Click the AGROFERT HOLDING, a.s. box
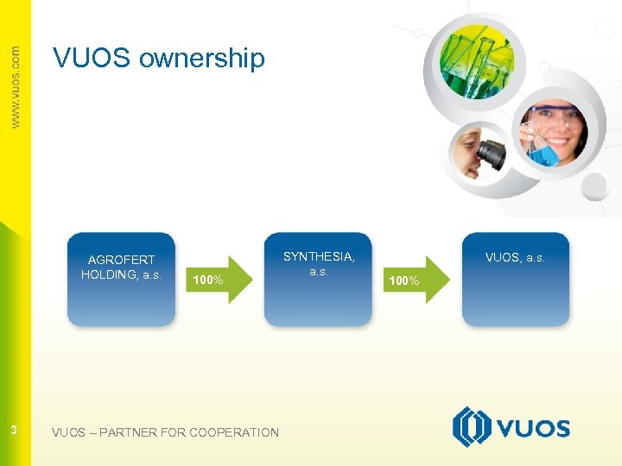tap(121, 280)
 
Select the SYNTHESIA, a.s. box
tap(318, 280)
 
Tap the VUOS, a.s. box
tap(516, 280)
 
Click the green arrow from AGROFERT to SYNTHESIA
tap(220, 279)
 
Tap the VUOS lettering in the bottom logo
tap(533, 428)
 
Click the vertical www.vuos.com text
tap(15, 86)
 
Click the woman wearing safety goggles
tap(553, 129)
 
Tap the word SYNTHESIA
tap(319, 256)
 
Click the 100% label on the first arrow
tap(208, 280)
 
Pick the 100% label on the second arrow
tap(404, 280)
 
